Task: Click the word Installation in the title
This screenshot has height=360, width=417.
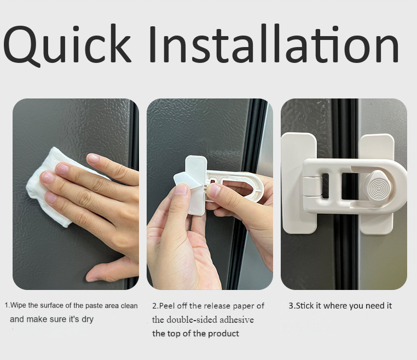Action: [274, 44]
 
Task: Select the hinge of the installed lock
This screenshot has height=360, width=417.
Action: [312, 187]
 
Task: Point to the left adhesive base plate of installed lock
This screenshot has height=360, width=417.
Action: [299, 183]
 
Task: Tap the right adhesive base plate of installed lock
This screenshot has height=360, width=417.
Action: [376, 183]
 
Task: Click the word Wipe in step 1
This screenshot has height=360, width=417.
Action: [19, 305]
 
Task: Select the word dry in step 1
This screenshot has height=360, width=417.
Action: [88, 320]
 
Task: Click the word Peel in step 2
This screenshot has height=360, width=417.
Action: [167, 306]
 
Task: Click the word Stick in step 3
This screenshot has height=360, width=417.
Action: [305, 306]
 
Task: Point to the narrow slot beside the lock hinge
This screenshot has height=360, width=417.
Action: [325, 186]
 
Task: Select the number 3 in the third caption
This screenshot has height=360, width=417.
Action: [291, 306]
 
